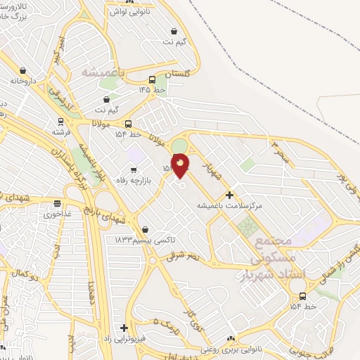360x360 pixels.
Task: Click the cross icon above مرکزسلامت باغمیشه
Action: [x=229, y=195]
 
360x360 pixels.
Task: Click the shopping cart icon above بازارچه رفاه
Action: [x=134, y=169]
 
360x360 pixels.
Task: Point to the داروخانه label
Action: [x=23, y=81]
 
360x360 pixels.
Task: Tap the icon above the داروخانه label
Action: [x=23, y=70]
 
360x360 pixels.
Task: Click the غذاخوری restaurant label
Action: [x=57, y=214]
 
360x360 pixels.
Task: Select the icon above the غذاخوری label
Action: [x=57, y=204]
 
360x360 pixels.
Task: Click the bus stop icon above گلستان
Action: [x=153, y=79]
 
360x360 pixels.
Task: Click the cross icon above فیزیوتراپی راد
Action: [x=124, y=328]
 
